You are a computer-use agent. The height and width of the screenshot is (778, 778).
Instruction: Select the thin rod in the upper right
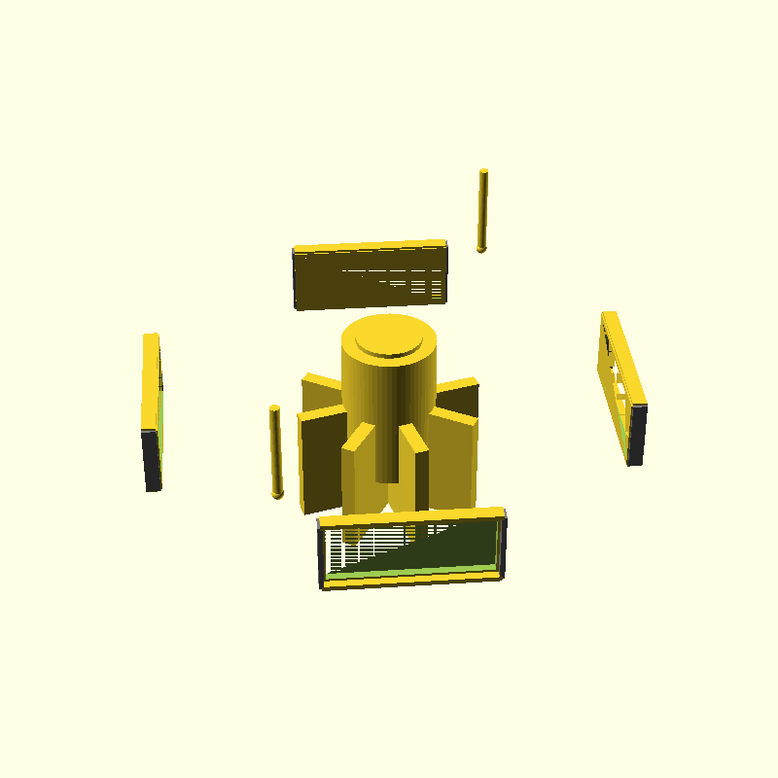(x=482, y=209)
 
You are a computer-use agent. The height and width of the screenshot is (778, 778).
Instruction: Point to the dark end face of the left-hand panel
(x=152, y=459)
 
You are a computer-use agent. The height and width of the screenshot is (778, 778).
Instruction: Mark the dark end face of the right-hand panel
(x=638, y=435)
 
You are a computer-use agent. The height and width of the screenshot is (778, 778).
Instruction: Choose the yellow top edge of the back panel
(x=370, y=246)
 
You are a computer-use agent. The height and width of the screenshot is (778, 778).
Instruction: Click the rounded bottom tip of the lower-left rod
(x=277, y=495)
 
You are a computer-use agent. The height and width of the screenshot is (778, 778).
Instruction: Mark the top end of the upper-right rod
(x=483, y=173)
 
